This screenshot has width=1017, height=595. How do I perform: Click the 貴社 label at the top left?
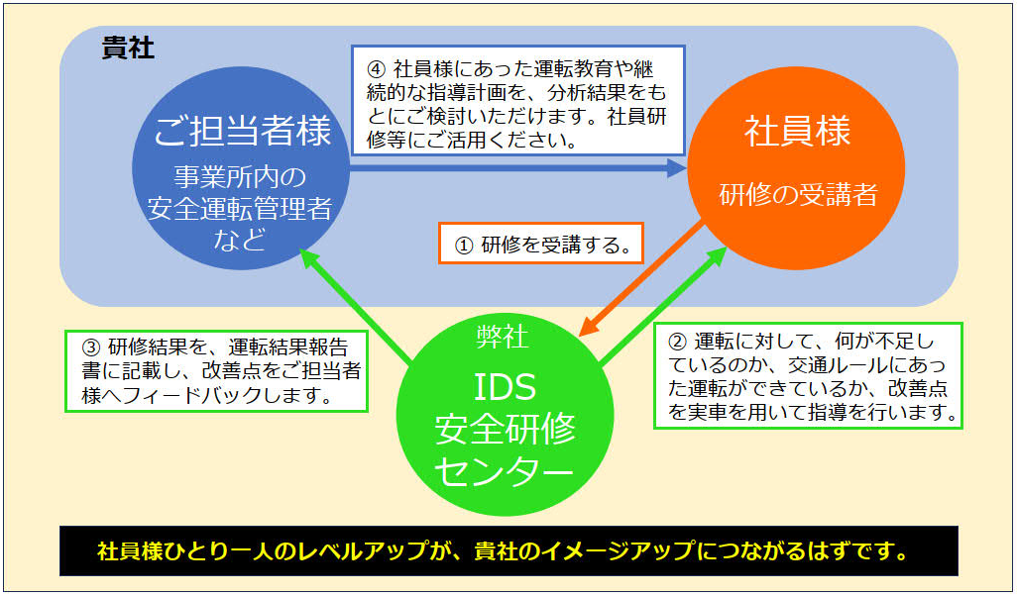coord(128,49)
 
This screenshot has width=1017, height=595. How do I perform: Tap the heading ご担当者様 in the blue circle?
coord(242,132)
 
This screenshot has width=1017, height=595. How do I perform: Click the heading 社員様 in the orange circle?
coord(797,132)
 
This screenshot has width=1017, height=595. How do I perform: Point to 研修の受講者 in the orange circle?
coord(797,195)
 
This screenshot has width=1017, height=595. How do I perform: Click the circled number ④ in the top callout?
coord(375,70)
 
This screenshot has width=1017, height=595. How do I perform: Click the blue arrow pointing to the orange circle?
coord(515,167)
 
